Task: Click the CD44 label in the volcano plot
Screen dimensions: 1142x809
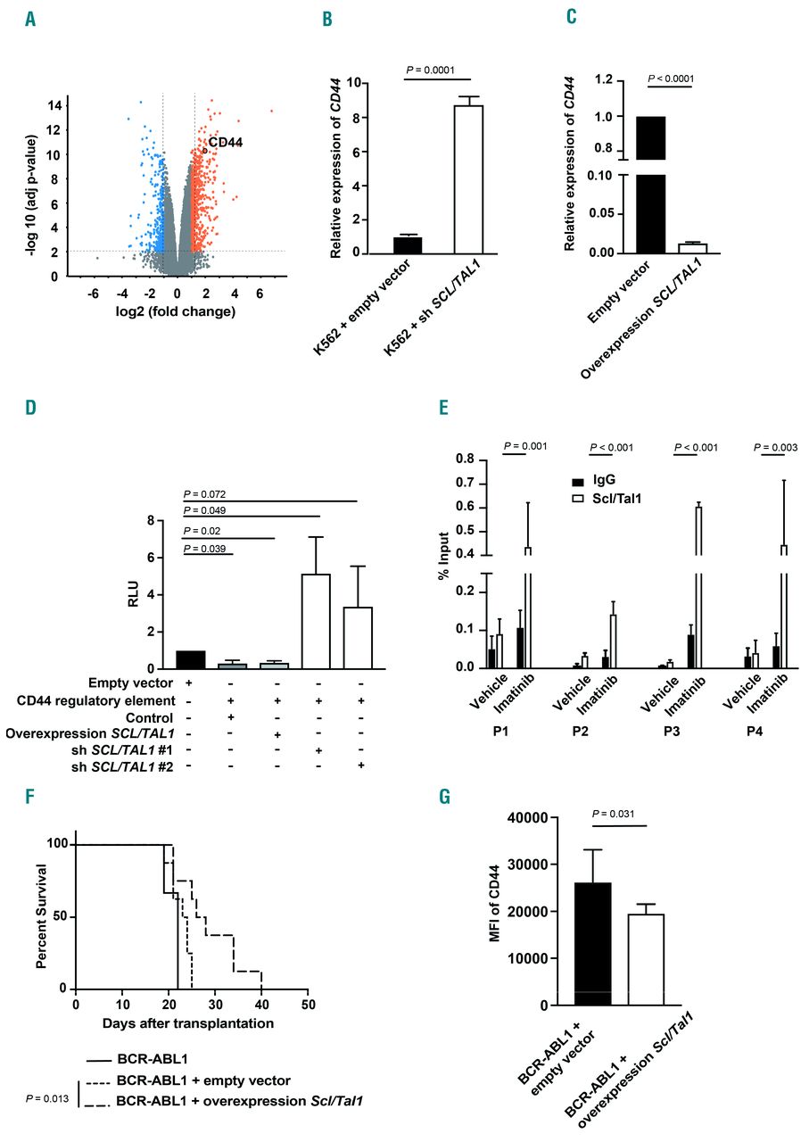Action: [x=226, y=142]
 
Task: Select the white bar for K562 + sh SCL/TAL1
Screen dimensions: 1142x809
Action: [x=467, y=179]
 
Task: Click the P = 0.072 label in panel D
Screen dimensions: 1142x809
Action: [x=206, y=493]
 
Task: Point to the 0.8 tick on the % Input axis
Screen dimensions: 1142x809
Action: [x=462, y=459]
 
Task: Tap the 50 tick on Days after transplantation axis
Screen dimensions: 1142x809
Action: [x=307, y=1005]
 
